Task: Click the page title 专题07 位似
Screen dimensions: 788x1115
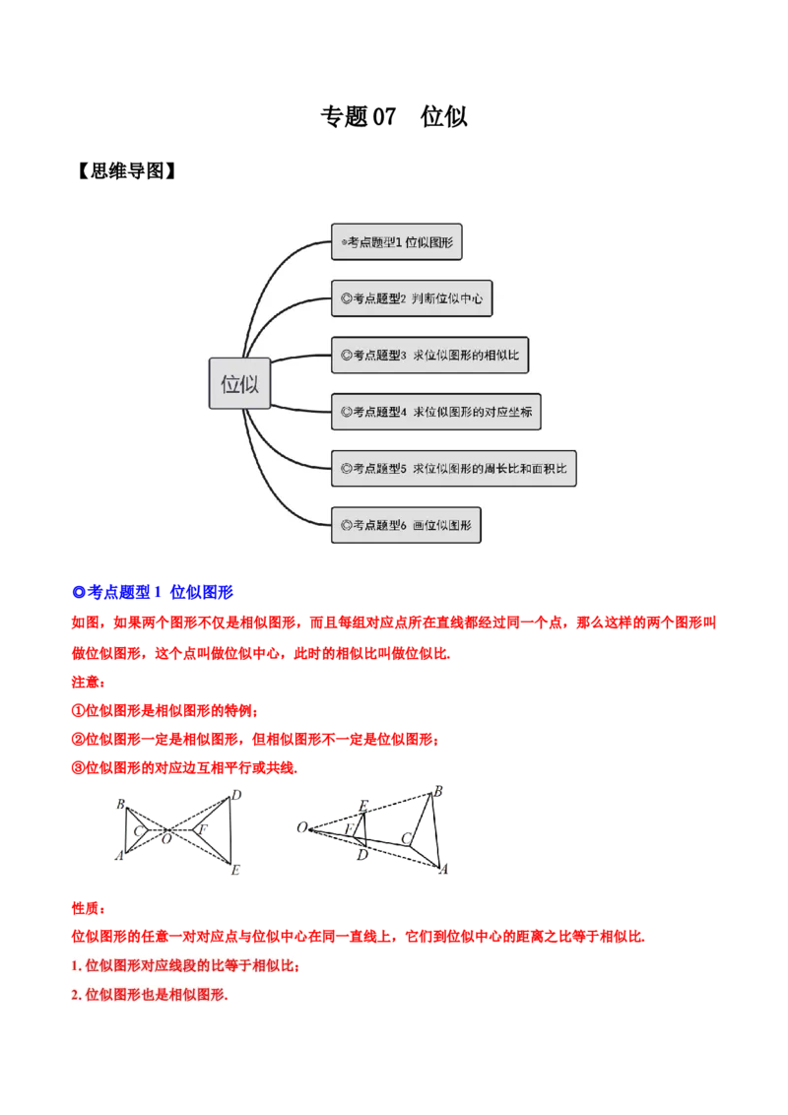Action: click(394, 116)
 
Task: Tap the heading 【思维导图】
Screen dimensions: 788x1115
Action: click(126, 170)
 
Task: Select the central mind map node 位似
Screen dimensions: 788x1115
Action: click(239, 383)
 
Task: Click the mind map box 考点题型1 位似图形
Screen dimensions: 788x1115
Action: click(397, 241)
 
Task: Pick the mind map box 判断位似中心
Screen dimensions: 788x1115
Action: click(412, 297)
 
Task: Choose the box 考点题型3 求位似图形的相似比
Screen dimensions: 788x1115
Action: click(430, 355)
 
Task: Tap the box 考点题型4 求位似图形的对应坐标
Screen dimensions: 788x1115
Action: click(436, 412)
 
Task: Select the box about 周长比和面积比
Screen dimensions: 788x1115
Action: click(454, 468)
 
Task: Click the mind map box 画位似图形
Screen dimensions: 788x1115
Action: click(406, 525)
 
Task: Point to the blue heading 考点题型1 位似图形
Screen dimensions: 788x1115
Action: click(153, 592)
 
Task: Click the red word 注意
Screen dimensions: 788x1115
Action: click(89, 682)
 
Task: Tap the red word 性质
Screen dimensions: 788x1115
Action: click(89, 908)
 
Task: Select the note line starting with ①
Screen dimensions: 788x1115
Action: click(165, 710)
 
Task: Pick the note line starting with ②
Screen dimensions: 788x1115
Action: click(255, 739)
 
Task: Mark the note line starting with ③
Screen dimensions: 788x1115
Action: click(185, 767)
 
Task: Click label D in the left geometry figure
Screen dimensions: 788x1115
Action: click(236, 795)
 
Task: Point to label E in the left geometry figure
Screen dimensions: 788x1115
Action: click(235, 870)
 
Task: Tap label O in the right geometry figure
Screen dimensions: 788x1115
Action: click(302, 827)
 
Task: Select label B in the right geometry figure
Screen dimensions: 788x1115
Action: click(438, 792)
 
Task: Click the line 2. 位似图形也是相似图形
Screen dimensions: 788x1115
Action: click(150, 995)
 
